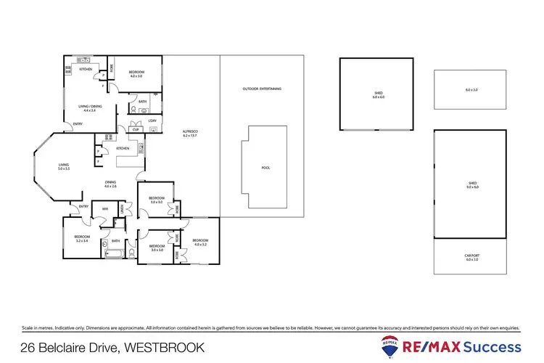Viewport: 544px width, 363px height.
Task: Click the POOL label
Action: (x=265, y=168)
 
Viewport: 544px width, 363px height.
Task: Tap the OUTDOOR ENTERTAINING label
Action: (x=262, y=89)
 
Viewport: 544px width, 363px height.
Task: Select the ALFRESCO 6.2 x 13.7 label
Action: (x=191, y=134)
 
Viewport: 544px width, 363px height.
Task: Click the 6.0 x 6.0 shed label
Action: (x=376, y=95)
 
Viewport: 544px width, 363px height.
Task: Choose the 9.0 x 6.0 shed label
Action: (x=472, y=185)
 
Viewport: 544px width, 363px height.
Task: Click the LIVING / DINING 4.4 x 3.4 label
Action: (x=89, y=108)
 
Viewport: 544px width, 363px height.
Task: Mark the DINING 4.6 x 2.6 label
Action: (x=110, y=184)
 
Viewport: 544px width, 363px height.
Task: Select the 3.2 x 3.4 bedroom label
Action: (x=81, y=238)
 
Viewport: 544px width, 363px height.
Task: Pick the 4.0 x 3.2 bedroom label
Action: (x=201, y=242)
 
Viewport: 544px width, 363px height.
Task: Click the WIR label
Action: (x=105, y=209)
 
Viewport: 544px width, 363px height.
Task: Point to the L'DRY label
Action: (x=152, y=121)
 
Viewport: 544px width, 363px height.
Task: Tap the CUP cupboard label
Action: (x=136, y=129)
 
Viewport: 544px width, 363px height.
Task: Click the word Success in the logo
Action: (x=493, y=346)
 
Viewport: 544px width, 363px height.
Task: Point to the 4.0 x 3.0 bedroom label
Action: (x=136, y=73)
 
